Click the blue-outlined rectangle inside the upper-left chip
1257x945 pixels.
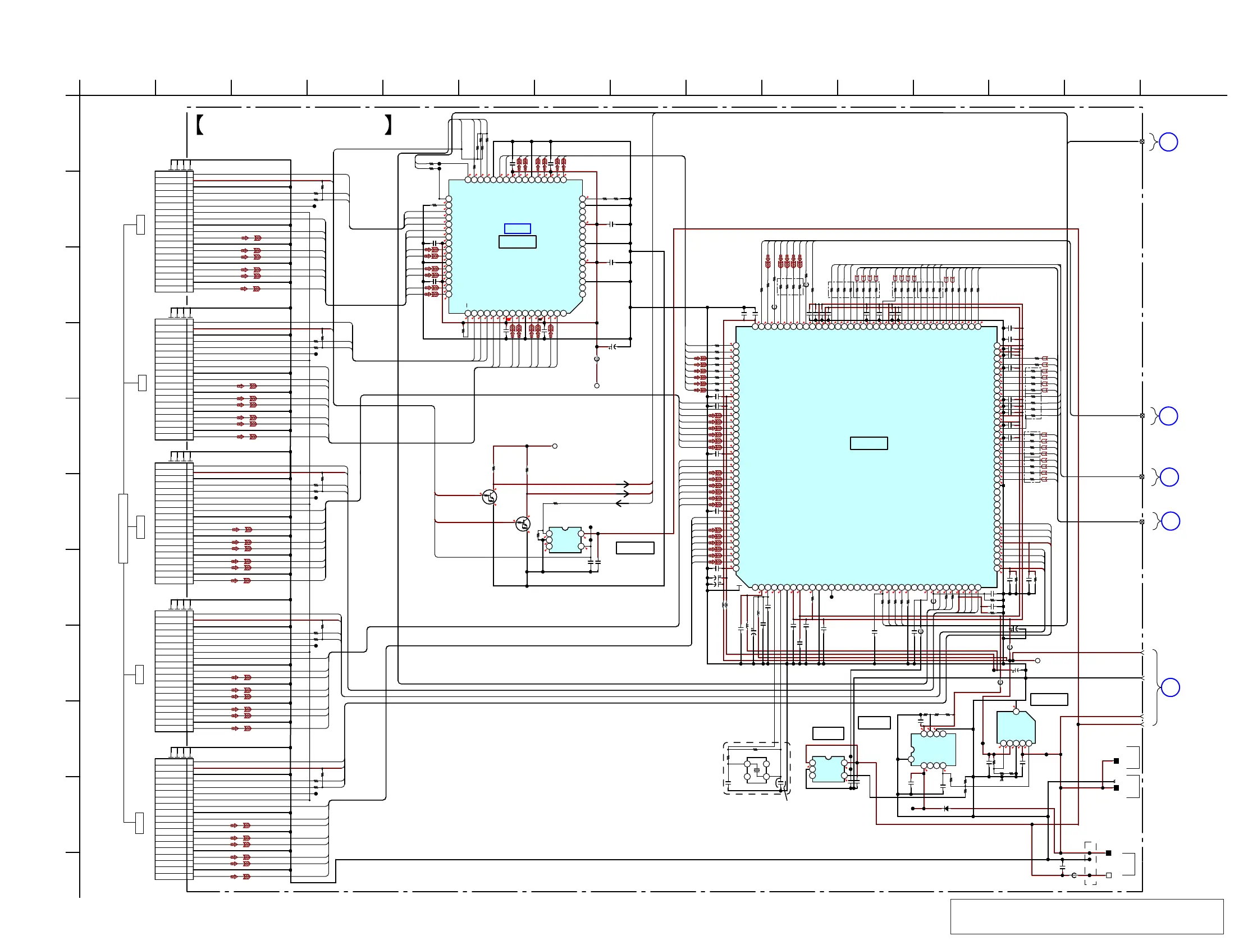click(x=517, y=228)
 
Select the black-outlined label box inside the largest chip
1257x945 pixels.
click(x=869, y=443)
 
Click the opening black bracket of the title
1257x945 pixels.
click(x=199, y=125)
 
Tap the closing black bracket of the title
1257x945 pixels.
click(x=388, y=125)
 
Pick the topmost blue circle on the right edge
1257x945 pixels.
click(x=1168, y=142)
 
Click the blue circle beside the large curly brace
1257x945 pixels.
click(x=1170, y=688)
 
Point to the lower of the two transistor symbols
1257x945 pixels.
click(x=523, y=524)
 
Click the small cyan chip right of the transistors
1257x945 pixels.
click(x=565, y=540)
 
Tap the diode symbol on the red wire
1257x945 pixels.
click(x=945, y=809)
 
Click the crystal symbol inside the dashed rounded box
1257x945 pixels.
click(x=756, y=770)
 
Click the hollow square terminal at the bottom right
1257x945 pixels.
click(x=1108, y=875)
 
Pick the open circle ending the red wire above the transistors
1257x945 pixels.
click(x=555, y=446)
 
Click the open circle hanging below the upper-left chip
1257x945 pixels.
click(x=597, y=386)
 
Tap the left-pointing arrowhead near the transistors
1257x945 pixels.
click(x=620, y=503)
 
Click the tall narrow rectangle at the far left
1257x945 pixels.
click(x=123, y=528)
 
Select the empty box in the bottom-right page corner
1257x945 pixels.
click(x=1086, y=916)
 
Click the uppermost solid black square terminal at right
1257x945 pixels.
click(x=1116, y=761)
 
